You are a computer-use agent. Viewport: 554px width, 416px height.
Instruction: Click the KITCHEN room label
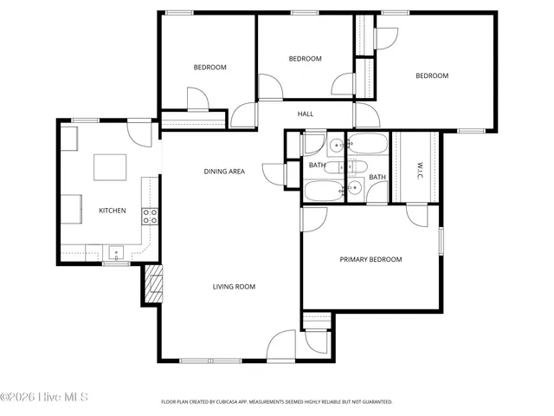112,211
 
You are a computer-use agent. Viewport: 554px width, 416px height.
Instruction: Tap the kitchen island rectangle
109,167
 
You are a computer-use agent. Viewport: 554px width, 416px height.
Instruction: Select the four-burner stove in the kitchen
150,216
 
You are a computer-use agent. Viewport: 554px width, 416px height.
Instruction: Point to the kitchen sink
114,254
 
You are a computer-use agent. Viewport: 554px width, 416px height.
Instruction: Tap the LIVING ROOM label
234,286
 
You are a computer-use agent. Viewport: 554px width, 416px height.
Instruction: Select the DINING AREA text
224,172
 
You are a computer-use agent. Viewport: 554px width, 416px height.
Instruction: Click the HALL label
306,114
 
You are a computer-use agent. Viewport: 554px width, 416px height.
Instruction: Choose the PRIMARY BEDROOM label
370,259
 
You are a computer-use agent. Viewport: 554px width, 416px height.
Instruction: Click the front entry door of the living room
282,347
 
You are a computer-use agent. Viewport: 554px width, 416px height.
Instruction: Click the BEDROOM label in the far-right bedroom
432,76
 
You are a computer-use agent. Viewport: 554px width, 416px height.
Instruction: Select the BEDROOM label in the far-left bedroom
209,68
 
